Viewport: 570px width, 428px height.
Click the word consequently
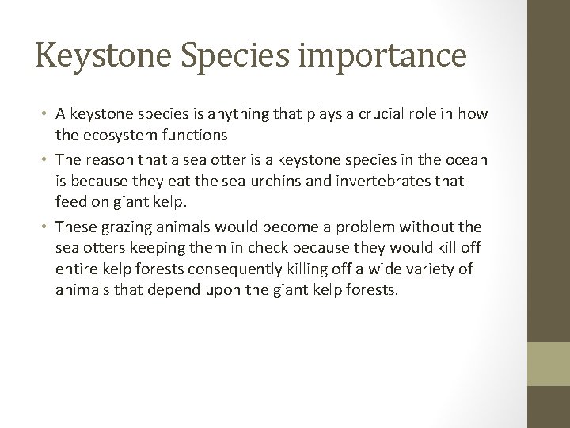237,270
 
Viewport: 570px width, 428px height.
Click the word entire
76,270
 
